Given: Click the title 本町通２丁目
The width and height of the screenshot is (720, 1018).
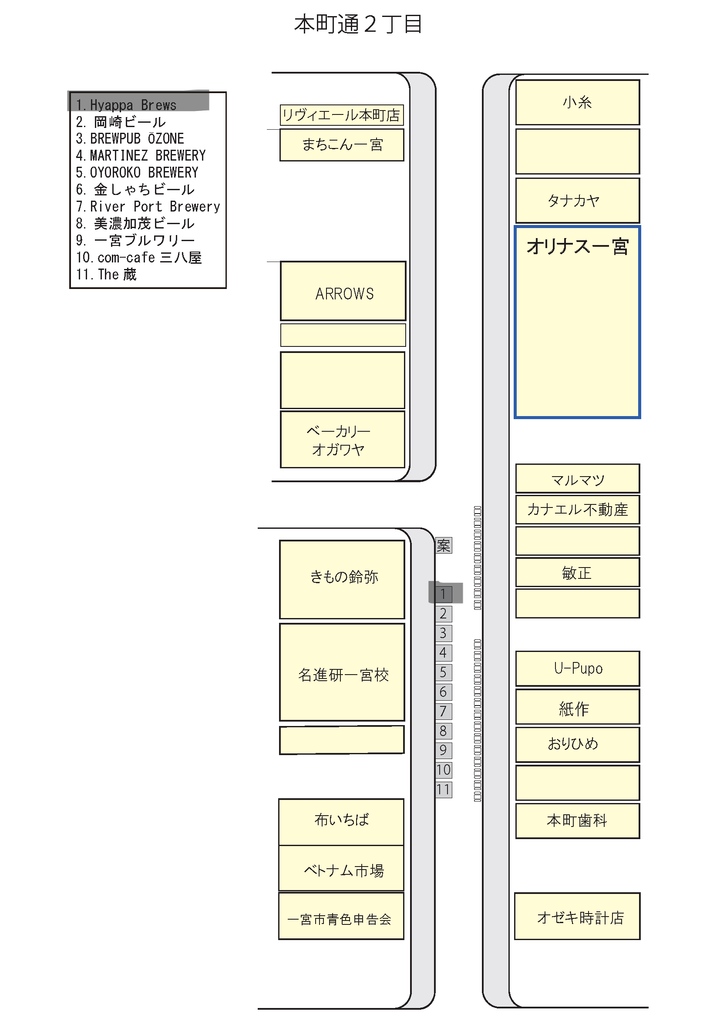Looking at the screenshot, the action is click(x=358, y=24).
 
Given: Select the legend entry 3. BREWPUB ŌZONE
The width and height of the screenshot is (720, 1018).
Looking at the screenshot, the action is click(x=130, y=138).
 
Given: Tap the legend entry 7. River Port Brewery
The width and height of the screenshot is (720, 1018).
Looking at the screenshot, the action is click(x=148, y=206).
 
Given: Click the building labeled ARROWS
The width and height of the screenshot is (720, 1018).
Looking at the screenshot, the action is click(x=343, y=291).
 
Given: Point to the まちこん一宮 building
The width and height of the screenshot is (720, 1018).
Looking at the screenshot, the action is click(x=342, y=145).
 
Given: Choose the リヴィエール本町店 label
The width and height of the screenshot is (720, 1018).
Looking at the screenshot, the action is click(x=341, y=115).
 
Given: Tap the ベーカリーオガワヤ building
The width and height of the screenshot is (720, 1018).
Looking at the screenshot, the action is click(x=342, y=440).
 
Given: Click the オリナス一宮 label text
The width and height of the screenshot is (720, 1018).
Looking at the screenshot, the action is click(x=578, y=246).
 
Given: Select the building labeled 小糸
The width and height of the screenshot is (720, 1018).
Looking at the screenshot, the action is click(x=578, y=102).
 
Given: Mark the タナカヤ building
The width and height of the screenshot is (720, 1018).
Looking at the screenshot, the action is click(x=578, y=200).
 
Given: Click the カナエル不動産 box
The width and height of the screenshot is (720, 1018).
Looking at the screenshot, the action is click(x=578, y=510).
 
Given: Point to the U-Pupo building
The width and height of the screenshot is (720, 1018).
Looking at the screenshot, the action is click(x=578, y=668).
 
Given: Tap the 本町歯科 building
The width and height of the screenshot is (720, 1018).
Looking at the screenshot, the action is click(x=578, y=821).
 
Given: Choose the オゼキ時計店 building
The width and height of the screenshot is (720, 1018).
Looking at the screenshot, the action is click(x=577, y=916).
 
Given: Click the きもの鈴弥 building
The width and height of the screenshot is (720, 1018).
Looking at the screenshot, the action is click(x=342, y=579).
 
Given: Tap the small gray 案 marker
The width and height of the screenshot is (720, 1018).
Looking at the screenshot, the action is click(x=443, y=545).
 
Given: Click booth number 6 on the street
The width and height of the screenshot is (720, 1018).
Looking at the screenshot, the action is click(x=443, y=692).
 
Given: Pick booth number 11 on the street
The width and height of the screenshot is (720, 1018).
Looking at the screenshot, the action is click(x=443, y=789).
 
